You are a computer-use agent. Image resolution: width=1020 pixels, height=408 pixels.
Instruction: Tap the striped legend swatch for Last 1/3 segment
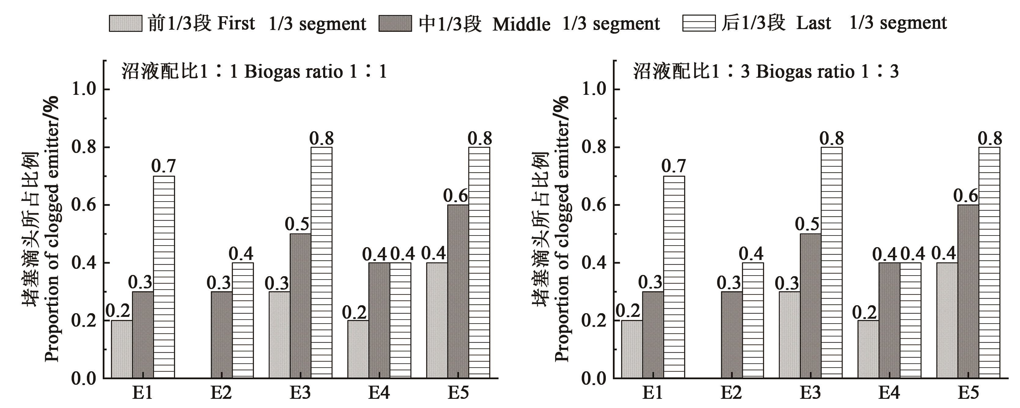(x=698, y=23)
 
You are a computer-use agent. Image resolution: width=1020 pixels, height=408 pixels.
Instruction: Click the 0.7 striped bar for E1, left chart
(x=164, y=276)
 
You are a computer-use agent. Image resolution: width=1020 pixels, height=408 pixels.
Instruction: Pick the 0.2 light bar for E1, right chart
(x=632, y=349)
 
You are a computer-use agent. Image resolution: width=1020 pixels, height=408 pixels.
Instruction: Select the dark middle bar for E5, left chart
(x=458, y=291)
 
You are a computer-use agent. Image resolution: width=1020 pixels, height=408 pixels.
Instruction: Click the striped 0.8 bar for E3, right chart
(x=831, y=262)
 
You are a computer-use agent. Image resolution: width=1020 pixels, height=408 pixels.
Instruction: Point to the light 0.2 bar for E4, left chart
(x=358, y=349)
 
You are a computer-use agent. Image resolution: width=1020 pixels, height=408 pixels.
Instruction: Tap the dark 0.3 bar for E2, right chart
(x=731, y=334)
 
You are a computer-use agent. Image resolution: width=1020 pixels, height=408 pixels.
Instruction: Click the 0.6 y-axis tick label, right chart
(x=594, y=205)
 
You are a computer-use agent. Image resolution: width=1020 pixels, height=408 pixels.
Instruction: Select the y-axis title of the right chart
(x=551, y=229)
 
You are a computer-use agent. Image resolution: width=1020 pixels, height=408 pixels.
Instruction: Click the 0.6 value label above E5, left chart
(x=455, y=196)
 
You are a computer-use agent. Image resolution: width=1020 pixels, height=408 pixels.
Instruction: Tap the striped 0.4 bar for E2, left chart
(x=243, y=320)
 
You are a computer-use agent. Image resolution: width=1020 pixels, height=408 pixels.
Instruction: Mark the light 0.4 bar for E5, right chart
(x=947, y=320)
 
